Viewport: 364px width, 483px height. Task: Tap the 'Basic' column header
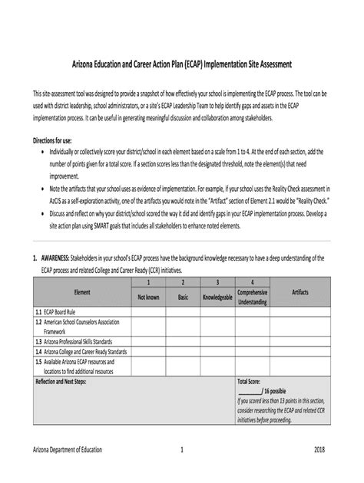pos(183,297)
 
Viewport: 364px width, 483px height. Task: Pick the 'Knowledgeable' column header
pos(217,297)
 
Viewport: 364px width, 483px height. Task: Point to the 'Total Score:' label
pos(253,381)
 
